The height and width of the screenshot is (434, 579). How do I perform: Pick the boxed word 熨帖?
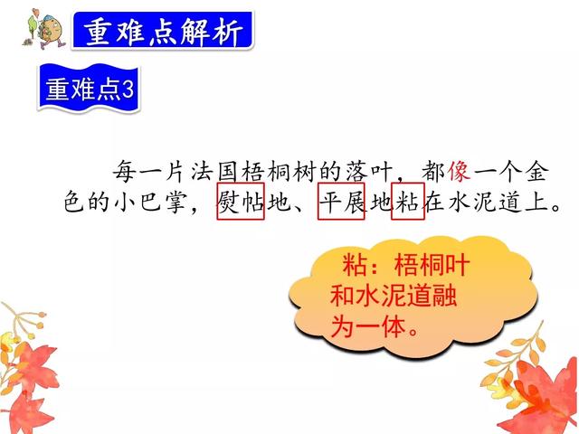click(x=240, y=203)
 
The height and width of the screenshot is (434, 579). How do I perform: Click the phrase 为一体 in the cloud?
click(x=364, y=326)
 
